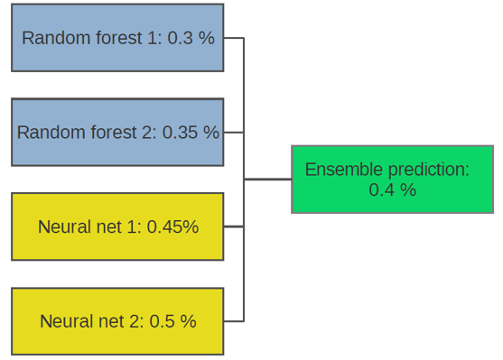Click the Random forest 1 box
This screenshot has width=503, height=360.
tap(117, 38)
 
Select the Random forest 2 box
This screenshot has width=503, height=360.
tap(117, 132)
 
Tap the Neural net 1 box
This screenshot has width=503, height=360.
tap(117, 226)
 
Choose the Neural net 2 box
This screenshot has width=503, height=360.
tap(117, 321)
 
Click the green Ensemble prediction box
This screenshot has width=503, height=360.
tap(392, 180)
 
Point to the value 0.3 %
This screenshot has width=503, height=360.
tap(191, 38)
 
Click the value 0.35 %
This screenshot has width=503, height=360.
tap(191, 132)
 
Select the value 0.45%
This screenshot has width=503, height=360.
tap(172, 226)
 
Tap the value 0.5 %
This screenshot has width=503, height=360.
tap(172, 321)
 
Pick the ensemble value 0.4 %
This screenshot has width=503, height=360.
tap(392, 189)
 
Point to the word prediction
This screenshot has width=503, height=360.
tap(429, 170)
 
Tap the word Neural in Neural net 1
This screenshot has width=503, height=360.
tap(63, 226)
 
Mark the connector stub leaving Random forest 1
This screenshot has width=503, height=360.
tap(234, 38)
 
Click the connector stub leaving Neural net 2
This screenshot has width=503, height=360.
tap(234, 321)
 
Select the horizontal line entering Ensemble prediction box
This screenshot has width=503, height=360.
tap(267, 180)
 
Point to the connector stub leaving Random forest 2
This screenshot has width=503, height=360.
tap(234, 132)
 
